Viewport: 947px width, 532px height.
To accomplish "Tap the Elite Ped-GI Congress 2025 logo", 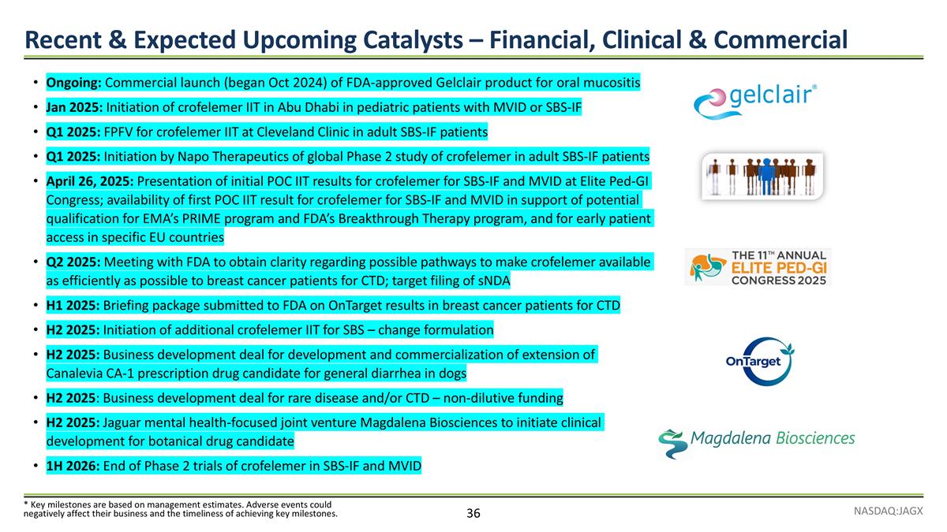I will click(757, 267).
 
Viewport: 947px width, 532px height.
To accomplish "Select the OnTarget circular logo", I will click(758, 360).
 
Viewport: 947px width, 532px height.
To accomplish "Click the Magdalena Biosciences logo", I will click(756, 442).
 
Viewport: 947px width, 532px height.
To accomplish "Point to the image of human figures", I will click(762, 176).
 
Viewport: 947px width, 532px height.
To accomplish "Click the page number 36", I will click(473, 514).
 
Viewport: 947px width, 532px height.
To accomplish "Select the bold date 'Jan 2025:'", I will click(75, 106).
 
